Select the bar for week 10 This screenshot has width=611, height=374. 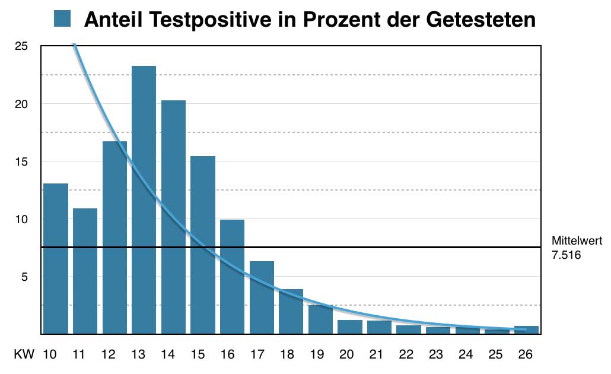point(56,258)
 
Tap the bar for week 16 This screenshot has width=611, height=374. point(232,276)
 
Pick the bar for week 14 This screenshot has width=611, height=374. point(173,217)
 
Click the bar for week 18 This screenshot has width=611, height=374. point(291,311)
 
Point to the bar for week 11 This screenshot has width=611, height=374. point(85,271)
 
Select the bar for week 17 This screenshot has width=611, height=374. point(262,297)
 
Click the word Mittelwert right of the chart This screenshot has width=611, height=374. point(577,241)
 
